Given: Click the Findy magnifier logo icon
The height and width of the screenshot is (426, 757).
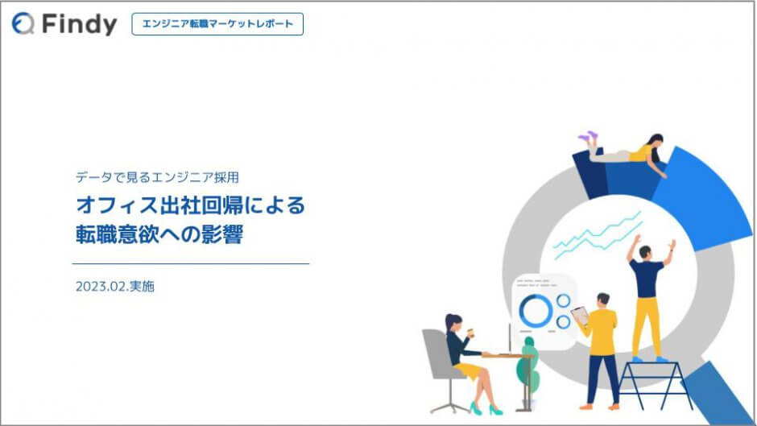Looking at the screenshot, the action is [23, 23].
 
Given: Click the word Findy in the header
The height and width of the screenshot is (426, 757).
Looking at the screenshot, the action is [80, 23].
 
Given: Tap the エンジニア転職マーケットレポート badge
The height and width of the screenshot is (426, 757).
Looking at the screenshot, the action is [217, 23].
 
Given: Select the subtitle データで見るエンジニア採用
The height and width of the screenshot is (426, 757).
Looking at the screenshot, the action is [157, 177].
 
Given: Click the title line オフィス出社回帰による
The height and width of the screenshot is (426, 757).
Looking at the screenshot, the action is [191, 205].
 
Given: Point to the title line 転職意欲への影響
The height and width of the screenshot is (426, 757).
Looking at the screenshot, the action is [159, 234].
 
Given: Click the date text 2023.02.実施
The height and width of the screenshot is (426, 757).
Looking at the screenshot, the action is [115, 287].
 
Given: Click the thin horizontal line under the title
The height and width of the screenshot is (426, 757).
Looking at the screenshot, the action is [191, 263].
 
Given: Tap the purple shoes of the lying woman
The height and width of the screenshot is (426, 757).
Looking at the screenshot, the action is [589, 137].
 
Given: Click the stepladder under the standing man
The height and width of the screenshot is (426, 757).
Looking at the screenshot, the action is [655, 385].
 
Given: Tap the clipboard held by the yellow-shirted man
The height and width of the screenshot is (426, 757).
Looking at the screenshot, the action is [580, 315].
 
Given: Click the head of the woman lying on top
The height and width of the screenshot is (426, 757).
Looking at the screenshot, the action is [656, 142].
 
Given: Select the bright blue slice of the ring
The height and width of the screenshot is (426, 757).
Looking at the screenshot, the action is [700, 198].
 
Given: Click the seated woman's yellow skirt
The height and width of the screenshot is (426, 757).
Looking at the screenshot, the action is [468, 370].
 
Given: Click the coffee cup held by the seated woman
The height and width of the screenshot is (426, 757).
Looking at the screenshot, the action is [471, 333].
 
